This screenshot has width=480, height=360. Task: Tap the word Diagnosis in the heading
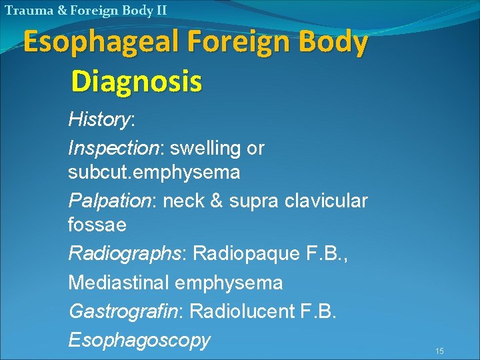[136, 81]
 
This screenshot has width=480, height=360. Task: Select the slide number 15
[439, 351]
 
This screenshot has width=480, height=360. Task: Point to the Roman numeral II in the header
[161, 10]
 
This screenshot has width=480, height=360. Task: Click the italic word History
[99, 120]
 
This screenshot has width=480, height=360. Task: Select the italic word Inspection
[110, 147]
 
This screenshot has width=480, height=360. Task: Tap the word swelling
[199, 147]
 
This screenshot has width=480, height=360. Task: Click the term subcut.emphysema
[154, 172]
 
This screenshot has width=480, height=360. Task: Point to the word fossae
[97, 225]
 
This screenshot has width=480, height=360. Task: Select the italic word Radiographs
[124, 254]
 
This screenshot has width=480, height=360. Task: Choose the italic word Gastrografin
[122, 311]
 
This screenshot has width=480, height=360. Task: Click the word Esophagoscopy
[139, 339]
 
